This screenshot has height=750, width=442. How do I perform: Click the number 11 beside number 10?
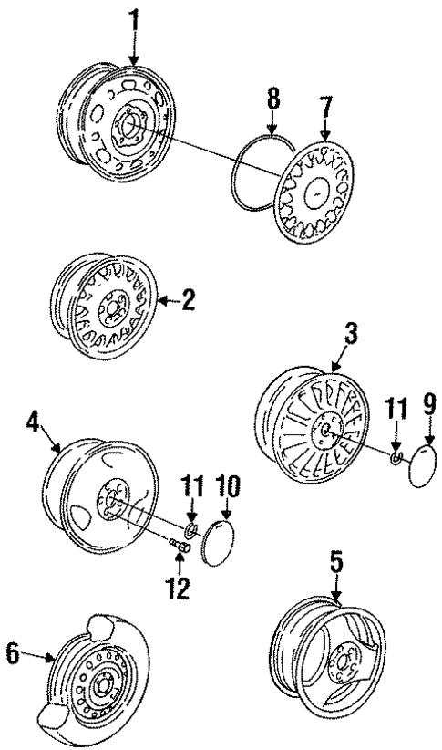(x=191, y=488)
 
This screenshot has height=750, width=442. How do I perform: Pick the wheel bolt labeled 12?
(x=179, y=547)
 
